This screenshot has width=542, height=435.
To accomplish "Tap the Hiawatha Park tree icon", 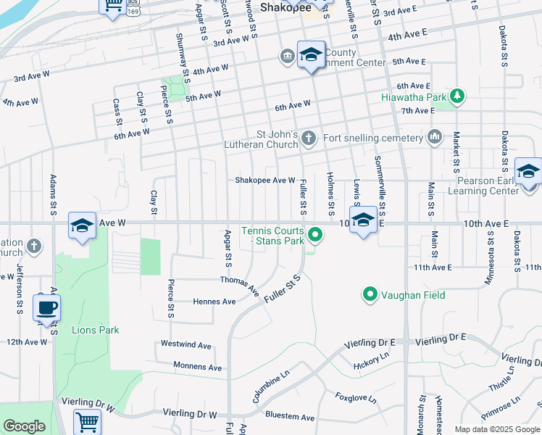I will [456, 96].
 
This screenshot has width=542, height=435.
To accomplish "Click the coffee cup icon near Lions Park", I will [46, 307].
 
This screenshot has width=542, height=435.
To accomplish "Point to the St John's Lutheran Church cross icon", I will [309, 138].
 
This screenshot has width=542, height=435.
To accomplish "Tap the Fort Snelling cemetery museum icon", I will [435, 137].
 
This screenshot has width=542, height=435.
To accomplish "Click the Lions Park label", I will [95, 330].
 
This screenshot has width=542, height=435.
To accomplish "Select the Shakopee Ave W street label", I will [264, 181].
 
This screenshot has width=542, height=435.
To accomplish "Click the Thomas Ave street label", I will [240, 283].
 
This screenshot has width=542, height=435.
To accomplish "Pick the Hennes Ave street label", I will [214, 302].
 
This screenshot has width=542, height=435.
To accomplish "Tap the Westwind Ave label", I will [185, 344].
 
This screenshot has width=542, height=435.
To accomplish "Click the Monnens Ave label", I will [197, 367].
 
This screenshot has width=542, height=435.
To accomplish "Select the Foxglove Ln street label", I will [355, 397].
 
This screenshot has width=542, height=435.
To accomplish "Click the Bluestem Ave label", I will [290, 418].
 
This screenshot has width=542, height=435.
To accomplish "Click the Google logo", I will [24, 426].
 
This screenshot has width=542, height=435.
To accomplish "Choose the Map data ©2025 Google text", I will [496, 429].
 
